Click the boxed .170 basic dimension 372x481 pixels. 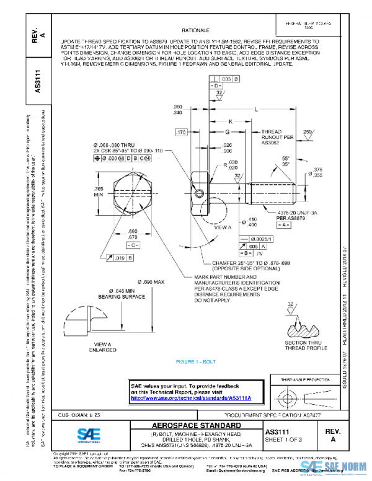click(181, 133)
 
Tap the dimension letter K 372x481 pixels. click(230, 121)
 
